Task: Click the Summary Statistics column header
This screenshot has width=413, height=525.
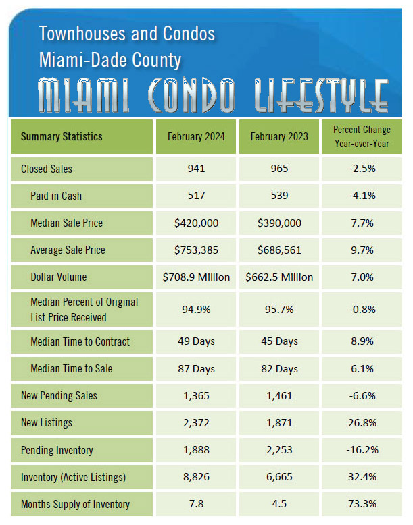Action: [x=62, y=136]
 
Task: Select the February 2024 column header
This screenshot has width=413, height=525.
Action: [x=197, y=136]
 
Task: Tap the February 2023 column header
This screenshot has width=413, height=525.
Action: [x=278, y=136]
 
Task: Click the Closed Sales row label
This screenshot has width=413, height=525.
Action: [x=47, y=169]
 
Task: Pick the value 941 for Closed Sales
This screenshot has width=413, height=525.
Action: [x=197, y=169]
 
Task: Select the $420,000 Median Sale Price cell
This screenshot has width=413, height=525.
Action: [x=197, y=223]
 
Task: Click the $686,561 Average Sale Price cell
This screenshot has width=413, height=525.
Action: [x=278, y=250]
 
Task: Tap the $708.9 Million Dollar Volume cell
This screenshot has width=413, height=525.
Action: [x=197, y=277]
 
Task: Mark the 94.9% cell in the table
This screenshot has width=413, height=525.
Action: [x=197, y=309]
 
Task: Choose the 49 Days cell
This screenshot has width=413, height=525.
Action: [x=197, y=341]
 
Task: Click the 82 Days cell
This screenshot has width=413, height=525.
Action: [x=278, y=368]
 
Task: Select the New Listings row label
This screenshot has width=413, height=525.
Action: [x=47, y=422]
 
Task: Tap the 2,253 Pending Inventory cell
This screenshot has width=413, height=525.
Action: [x=278, y=450]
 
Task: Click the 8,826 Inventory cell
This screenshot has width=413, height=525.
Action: [x=197, y=477]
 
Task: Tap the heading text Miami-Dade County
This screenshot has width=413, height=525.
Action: [x=110, y=60]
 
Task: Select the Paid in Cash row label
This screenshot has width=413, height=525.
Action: [x=56, y=196]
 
